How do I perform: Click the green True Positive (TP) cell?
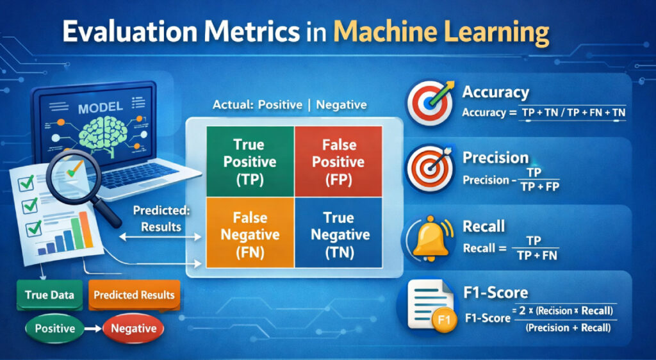point(250,161)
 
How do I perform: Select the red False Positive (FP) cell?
point(338,161)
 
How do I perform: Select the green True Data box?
point(49,295)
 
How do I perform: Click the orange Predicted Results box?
point(134,295)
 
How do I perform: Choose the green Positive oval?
point(54,329)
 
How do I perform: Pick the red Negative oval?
point(133,329)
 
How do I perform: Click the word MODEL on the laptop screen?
point(100,108)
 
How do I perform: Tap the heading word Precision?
point(495,158)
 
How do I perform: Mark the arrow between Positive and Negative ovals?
point(94,329)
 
